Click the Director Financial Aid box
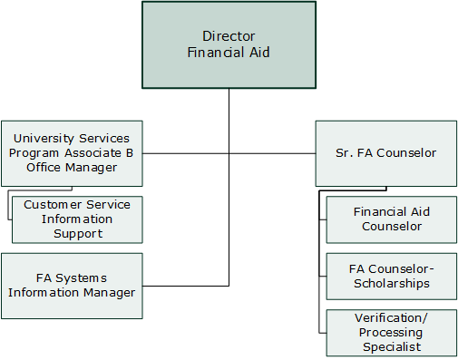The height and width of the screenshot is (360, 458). (229, 44)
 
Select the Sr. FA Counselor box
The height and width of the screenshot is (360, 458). (379, 153)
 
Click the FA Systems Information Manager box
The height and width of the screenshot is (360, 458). (72, 285)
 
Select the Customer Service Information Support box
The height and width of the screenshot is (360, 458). (77, 219)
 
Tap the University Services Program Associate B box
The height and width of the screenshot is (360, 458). (72, 153)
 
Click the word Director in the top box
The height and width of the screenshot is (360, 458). (229, 37)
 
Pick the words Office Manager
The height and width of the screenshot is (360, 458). (72, 168)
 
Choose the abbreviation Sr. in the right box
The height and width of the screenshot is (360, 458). (333, 153)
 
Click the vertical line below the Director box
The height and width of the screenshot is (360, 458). (229, 118)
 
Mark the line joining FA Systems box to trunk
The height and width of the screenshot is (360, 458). (185, 285)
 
